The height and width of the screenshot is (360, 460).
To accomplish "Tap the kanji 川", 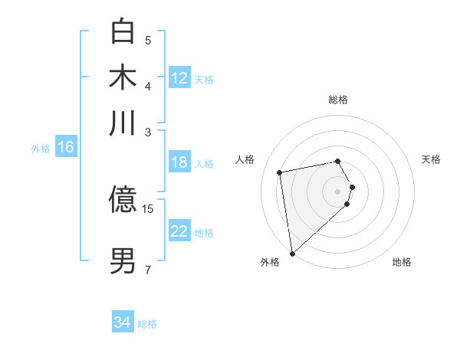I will tap(123, 123).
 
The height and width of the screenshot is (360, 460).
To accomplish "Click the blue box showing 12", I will tap(179, 78).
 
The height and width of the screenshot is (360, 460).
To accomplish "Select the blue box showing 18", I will tap(179, 162).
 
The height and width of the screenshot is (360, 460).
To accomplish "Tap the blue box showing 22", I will tap(179, 231).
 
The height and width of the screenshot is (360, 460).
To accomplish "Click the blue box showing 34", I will tap(123, 322).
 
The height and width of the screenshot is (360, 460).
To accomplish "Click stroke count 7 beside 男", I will tap(147, 270).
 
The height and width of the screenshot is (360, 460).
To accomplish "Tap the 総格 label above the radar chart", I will tap(338, 100).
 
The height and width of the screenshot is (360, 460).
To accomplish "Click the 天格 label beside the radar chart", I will tap(431, 159).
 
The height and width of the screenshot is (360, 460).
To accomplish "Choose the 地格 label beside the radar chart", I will tap(402, 262).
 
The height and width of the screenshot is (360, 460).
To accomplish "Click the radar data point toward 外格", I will tap(292, 254).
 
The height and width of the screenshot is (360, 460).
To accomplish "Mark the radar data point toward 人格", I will tap(280, 172).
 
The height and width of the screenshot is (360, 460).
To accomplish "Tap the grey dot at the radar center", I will tap(338, 190).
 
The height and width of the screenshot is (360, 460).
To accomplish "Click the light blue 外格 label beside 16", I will tap(40, 149).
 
